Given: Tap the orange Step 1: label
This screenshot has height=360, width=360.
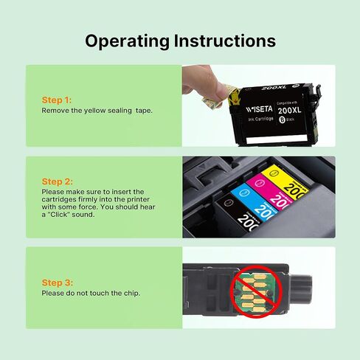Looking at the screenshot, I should (x=57, y=100).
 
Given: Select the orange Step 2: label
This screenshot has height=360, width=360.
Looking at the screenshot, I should (x=57, y=181).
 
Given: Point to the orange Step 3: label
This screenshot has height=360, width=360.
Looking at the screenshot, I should (x=57, y=283).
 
